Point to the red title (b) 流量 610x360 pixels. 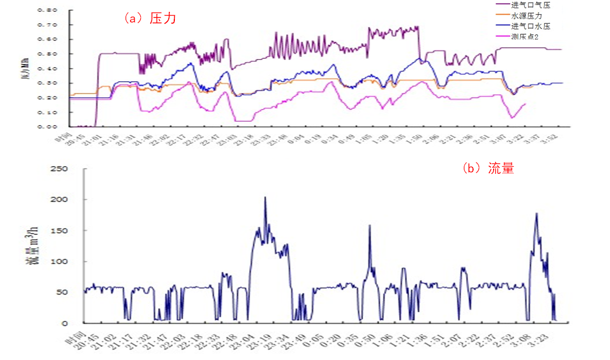coord(488,168)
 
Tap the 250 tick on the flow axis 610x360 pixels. coord(59,169)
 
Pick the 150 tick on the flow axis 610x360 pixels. coord(59,231)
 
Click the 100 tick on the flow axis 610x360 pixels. coord(59,261)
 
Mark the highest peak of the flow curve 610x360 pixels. coord(265,197)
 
